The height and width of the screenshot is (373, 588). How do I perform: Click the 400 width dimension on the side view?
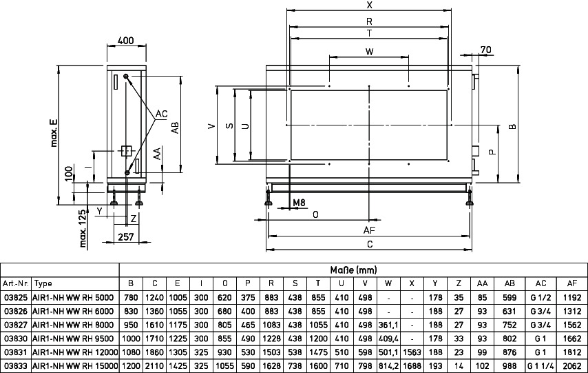click(x=125, y=40)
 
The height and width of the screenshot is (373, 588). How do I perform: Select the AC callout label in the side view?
click(x=162, y=114)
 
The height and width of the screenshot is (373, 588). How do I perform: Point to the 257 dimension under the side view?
click(x=125, y=236)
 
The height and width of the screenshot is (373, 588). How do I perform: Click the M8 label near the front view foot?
click(x=300, y=203)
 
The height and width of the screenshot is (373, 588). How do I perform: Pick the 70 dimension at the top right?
click(x=485, y=50)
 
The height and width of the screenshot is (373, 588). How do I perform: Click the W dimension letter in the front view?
click(x=369, y=52)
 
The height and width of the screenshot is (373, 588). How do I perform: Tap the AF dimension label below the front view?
click(x=369, y=230)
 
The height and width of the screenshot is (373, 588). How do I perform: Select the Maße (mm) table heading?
click(x=353, y=270)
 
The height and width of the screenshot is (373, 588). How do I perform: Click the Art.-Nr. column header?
click(x=16, y=283)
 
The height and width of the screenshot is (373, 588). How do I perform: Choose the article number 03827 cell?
click(x=16, y=325)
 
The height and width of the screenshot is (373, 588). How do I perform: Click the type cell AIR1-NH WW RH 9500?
click(x=73, y=339)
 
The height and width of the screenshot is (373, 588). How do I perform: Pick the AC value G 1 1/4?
click(x=540, y=366)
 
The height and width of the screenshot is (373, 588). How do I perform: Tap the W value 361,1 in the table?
click(x=388, y=325)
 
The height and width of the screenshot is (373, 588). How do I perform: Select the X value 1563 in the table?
click(x=412, y=352)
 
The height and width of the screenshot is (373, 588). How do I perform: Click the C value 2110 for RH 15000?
click(x=154, y=366)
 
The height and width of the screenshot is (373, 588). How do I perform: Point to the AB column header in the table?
click(x=510, y=283)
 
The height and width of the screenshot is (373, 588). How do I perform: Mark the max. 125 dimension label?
click(x=83, y=228)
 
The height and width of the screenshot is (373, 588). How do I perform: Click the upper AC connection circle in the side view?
click(x=127, y=77)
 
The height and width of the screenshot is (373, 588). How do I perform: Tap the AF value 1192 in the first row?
click(x=572, y=297)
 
